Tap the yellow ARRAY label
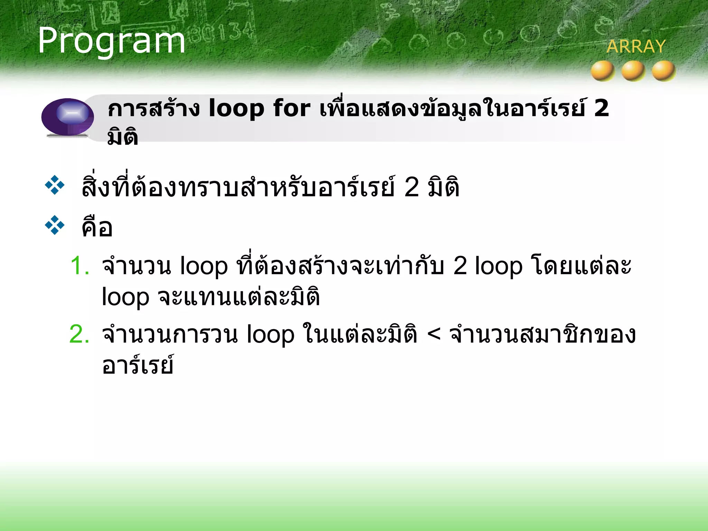pos(636,47)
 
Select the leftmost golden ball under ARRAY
pos(603,71)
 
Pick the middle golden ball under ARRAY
pos(633,71)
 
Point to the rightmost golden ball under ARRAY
pos(663,71)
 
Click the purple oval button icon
pos(68,117)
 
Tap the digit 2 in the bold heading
pos(602,108)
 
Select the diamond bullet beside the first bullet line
pos(55,185)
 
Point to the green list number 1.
pos(80,266)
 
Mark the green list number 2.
pos(79,334)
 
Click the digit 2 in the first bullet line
pos(411,187)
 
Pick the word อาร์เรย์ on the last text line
pos(138,365)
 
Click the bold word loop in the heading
pos(236,109)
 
